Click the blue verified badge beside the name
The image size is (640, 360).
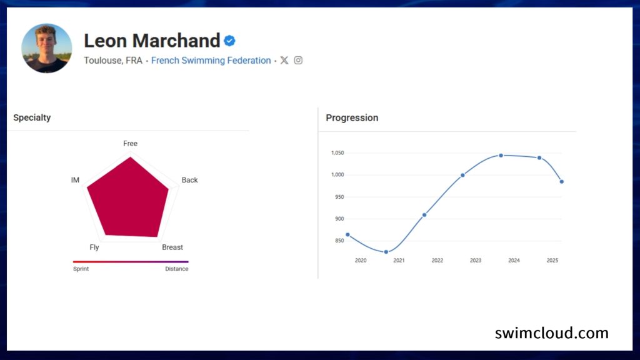229,41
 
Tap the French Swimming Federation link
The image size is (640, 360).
211,61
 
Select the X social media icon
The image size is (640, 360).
284,61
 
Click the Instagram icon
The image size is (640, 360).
298,61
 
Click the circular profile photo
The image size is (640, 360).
46,48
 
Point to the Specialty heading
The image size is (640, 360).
32,117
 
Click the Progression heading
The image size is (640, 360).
352,117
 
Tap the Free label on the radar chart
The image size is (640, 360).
130,144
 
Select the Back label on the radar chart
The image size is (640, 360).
189,180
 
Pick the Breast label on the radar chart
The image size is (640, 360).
172,247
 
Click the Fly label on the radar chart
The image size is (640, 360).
94,247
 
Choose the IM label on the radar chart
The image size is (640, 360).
75,180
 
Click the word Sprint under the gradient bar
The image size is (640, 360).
81,269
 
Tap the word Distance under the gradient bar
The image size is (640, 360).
177,269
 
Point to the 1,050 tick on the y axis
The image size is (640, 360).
337,152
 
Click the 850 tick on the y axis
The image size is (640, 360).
339,241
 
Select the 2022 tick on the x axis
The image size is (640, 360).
437,261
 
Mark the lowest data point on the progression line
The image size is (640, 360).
386,252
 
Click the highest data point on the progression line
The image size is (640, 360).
501,156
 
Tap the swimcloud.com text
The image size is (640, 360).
551,333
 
